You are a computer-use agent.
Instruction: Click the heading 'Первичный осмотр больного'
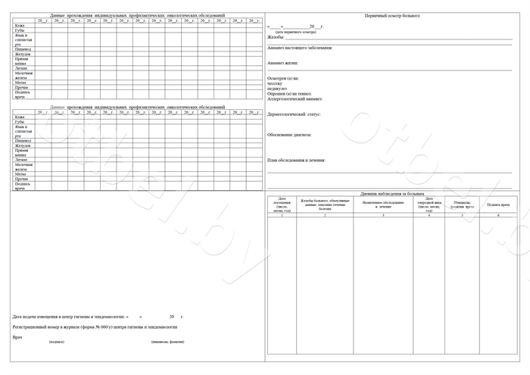click(392, 15)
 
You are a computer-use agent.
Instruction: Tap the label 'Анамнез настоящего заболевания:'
click(300, 48)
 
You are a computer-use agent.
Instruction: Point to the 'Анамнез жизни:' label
click(283, 63)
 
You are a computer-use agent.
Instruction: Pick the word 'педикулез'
click(278, 88)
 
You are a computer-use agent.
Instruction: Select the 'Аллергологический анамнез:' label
click(295, 98)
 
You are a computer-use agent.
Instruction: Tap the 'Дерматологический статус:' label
click(295, 114)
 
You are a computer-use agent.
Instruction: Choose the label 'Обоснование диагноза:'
click(289, 135)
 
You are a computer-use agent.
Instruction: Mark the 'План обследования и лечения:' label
click(297, 160)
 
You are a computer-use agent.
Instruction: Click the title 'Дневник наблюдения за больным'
click(392, 193)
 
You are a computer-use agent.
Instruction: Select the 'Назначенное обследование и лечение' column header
click(383, 204)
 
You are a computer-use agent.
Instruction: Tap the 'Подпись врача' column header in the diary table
click(498, 205)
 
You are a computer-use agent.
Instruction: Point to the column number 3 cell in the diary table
click(383, 216)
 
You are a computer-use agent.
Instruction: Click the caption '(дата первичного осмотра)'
click(292, 32)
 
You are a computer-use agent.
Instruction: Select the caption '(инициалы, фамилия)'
click(167, 342)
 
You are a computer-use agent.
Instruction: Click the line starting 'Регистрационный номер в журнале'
click(95, 327)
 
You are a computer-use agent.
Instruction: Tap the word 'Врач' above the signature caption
click(17, 337)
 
